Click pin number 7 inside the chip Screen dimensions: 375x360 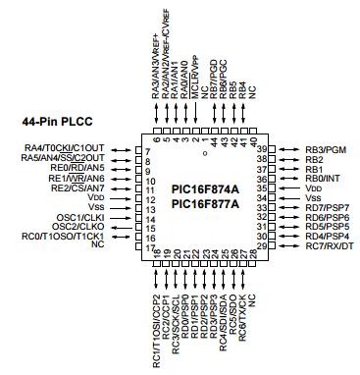pyautogui.click(x=147, y=149)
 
